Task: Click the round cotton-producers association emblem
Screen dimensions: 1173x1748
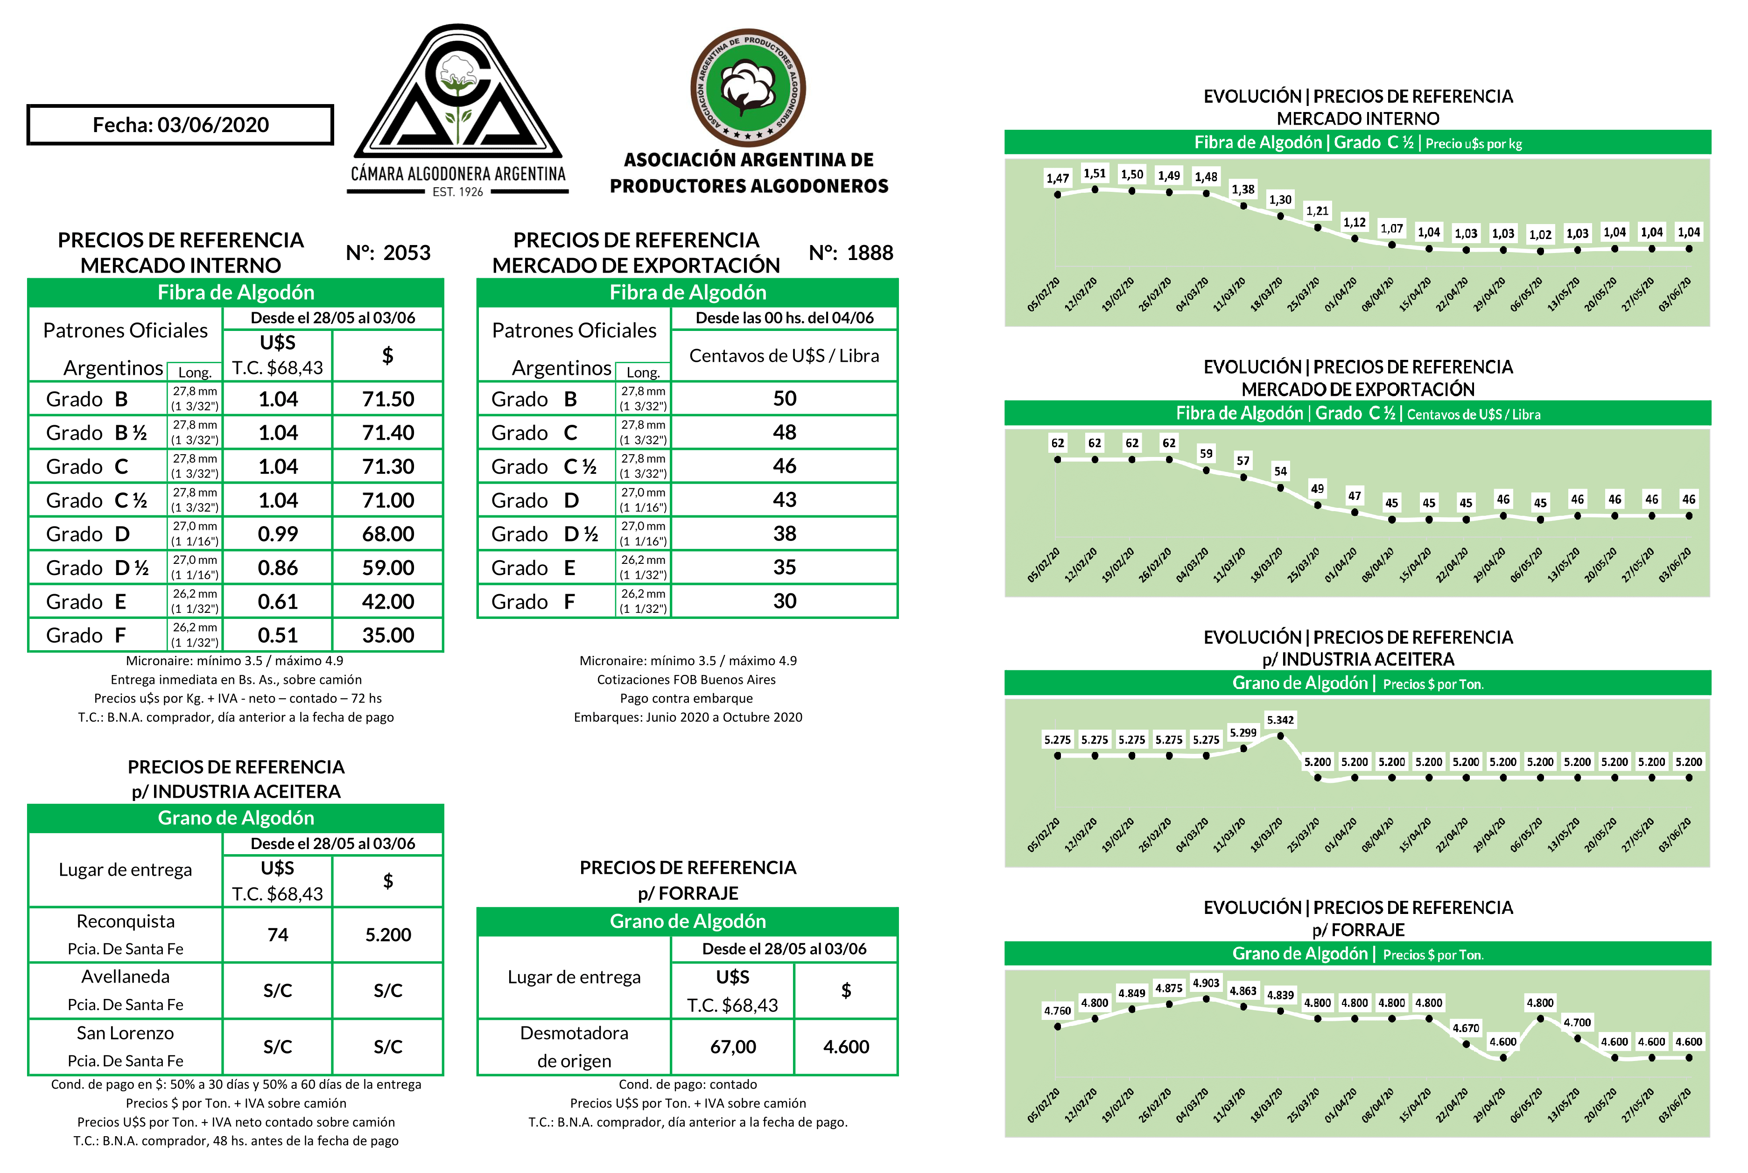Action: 747,88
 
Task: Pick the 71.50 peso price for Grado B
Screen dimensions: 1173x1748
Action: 387,399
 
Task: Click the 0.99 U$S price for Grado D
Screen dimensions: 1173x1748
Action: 278,534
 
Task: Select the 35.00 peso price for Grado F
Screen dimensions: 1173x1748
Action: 387,635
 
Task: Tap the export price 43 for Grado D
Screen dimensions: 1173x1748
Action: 784,500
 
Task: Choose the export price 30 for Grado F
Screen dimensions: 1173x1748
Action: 784,601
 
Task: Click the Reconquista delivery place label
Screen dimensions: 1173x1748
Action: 126,921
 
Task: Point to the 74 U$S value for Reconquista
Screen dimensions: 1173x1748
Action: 278,934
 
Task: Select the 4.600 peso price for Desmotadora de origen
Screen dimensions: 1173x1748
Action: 846,1047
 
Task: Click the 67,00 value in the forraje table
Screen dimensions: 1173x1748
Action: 732,1047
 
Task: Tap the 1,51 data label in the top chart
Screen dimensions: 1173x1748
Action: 1094,174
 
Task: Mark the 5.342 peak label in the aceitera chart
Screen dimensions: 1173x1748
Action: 1280,720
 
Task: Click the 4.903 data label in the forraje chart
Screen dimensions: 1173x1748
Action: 1206,983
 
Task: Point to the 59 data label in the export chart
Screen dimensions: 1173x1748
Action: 1206,453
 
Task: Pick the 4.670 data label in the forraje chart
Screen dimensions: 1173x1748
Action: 1465,1028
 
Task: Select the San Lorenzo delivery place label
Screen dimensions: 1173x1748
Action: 126,1033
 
